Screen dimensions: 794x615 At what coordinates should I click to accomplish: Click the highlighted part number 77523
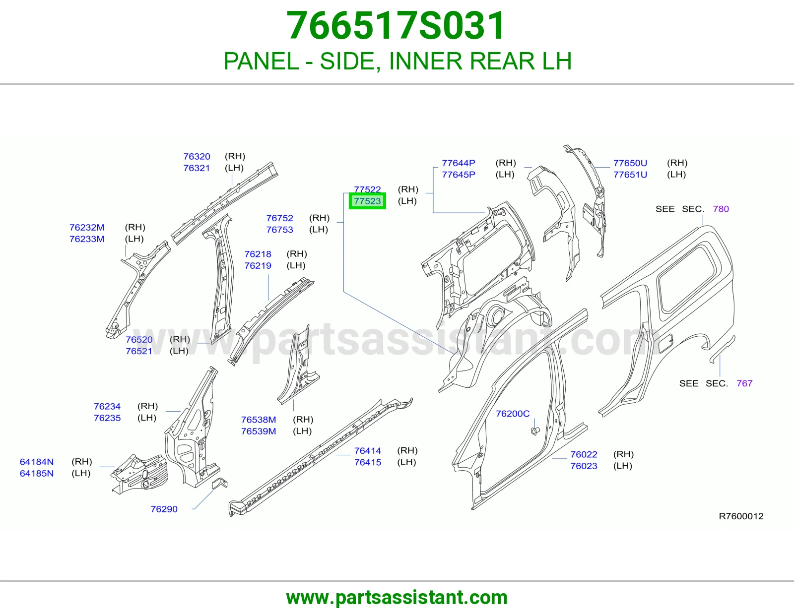[367, 201]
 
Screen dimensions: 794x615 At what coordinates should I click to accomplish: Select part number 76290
[164, 509]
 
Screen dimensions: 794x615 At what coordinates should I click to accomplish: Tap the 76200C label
[513, 414]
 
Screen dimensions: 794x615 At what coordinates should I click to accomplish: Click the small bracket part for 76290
[220, 483]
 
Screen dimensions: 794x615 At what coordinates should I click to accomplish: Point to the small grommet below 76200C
[535, 431]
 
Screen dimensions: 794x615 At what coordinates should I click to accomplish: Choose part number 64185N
[37, 473]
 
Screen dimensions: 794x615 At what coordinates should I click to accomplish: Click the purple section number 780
[721, 209]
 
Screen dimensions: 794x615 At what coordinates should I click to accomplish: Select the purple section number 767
[745, 383]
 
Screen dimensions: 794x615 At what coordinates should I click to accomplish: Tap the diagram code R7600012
[741, 516]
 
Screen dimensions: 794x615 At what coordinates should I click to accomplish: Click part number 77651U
[630, 175]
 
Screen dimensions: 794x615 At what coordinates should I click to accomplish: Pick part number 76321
[197, 168]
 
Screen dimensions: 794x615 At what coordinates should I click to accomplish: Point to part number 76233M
[87, 239]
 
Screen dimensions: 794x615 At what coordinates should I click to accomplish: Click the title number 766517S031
[396, 26]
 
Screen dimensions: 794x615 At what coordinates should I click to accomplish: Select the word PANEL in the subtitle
[261, 61]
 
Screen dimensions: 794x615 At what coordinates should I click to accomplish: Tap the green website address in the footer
[397, 598]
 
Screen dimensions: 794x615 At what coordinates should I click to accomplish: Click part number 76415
[368, 462]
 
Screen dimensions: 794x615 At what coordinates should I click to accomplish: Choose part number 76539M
[259, 431]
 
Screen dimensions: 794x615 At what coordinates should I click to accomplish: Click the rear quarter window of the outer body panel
[686, 278]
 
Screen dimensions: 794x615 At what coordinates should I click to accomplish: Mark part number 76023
[584, 466]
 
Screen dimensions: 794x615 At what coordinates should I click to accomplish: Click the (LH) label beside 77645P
[505, 175]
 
